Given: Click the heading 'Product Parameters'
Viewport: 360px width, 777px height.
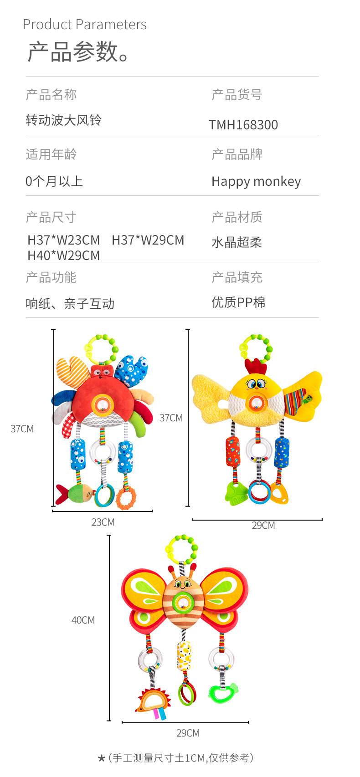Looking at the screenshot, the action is tap(85, 25).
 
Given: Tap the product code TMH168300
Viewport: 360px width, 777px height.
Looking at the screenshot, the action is tap(243, 125).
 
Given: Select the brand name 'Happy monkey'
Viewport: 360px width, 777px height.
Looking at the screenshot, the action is tap(256, 181).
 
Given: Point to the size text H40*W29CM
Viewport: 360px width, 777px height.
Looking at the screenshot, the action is tap(64, 256).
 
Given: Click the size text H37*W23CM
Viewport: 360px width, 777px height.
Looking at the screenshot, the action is tap(64, 240).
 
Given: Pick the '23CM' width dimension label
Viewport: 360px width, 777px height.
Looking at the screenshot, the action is tap(103, 522).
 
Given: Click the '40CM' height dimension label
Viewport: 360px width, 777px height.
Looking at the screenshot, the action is tap(83, 620).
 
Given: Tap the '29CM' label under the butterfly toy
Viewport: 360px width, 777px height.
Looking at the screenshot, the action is tap(188, 733).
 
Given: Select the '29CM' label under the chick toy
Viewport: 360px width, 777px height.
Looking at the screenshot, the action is tap(263, 525).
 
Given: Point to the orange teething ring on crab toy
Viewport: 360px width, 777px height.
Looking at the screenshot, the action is tap(126, 497).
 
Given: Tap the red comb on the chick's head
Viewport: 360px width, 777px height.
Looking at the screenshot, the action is tap(255, 367).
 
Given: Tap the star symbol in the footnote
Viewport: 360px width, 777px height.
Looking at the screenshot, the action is tap(102, 758).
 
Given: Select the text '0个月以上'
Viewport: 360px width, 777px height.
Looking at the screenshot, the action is tap(54, 181).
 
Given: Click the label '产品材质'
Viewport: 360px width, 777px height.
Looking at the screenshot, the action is tap(237, 217).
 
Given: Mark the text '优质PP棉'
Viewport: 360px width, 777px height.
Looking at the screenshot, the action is tap(238, 302).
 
